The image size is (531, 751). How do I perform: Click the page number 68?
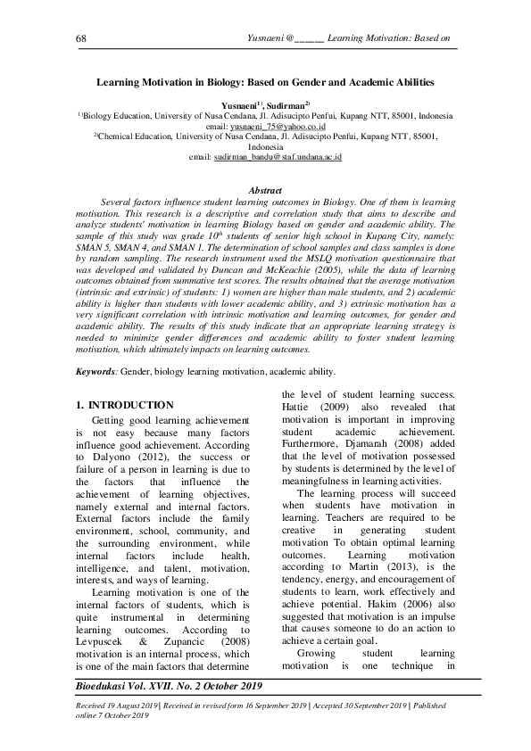[81, 38]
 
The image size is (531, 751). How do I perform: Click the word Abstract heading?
[265, 191]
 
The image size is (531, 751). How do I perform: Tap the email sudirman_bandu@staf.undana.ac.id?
[265, 156]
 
